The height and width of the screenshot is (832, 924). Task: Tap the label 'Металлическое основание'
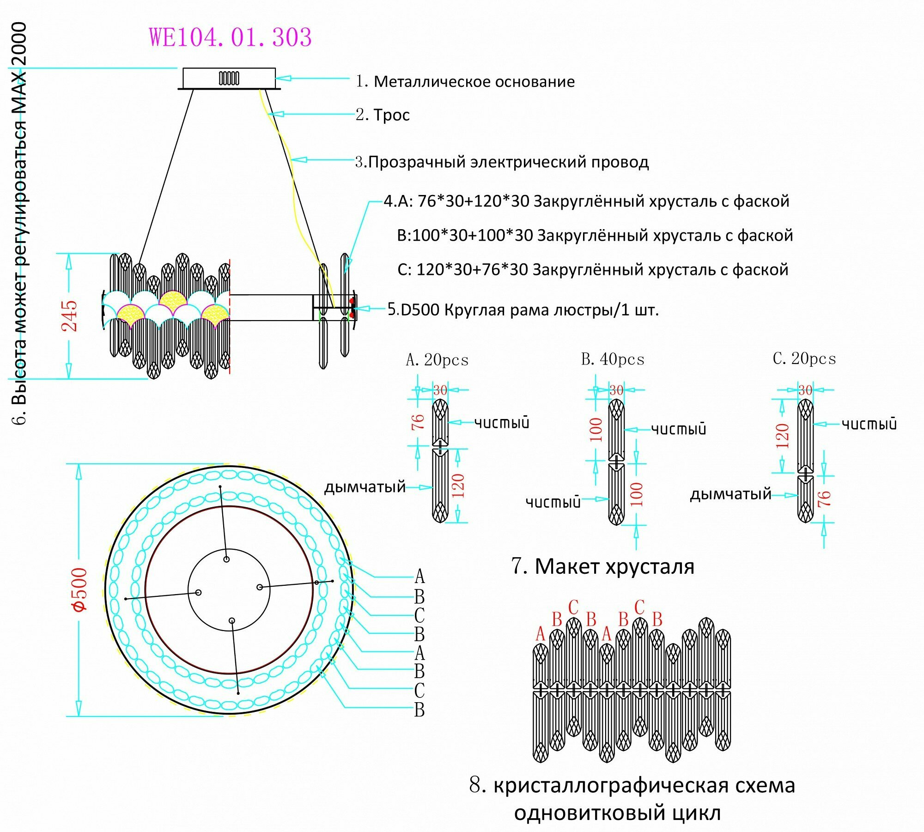[474, 82]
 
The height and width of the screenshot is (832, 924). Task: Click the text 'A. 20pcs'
[437, 360]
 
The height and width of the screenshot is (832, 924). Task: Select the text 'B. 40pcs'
[613, 359]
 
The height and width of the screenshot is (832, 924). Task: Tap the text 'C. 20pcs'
[804, 358]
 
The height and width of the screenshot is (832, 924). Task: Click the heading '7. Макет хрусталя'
[603, 566]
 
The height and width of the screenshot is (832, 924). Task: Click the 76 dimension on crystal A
[417, 421]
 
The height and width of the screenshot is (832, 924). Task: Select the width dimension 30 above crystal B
[616, 390]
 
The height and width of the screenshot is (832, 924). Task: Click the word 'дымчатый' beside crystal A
[365, 487]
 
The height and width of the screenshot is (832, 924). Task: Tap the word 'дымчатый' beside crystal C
[730, 494]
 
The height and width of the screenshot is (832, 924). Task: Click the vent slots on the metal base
[229, 78]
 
